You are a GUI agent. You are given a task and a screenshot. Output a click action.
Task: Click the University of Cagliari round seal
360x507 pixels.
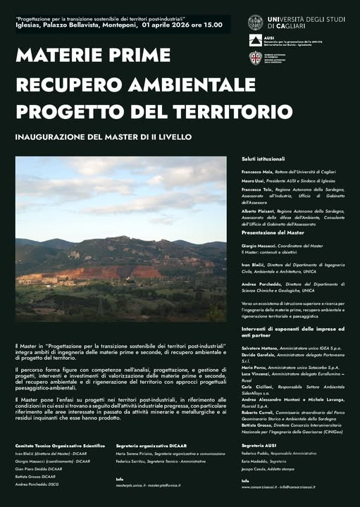click(x=255, y=23)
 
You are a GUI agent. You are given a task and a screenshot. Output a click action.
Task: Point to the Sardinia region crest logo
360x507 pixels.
click(x=255, y=58)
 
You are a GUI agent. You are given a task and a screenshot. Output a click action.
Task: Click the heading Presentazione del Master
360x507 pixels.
click(x=273, y=232)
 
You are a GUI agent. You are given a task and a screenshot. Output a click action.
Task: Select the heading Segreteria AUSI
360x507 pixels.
click(x=258, y=446)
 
